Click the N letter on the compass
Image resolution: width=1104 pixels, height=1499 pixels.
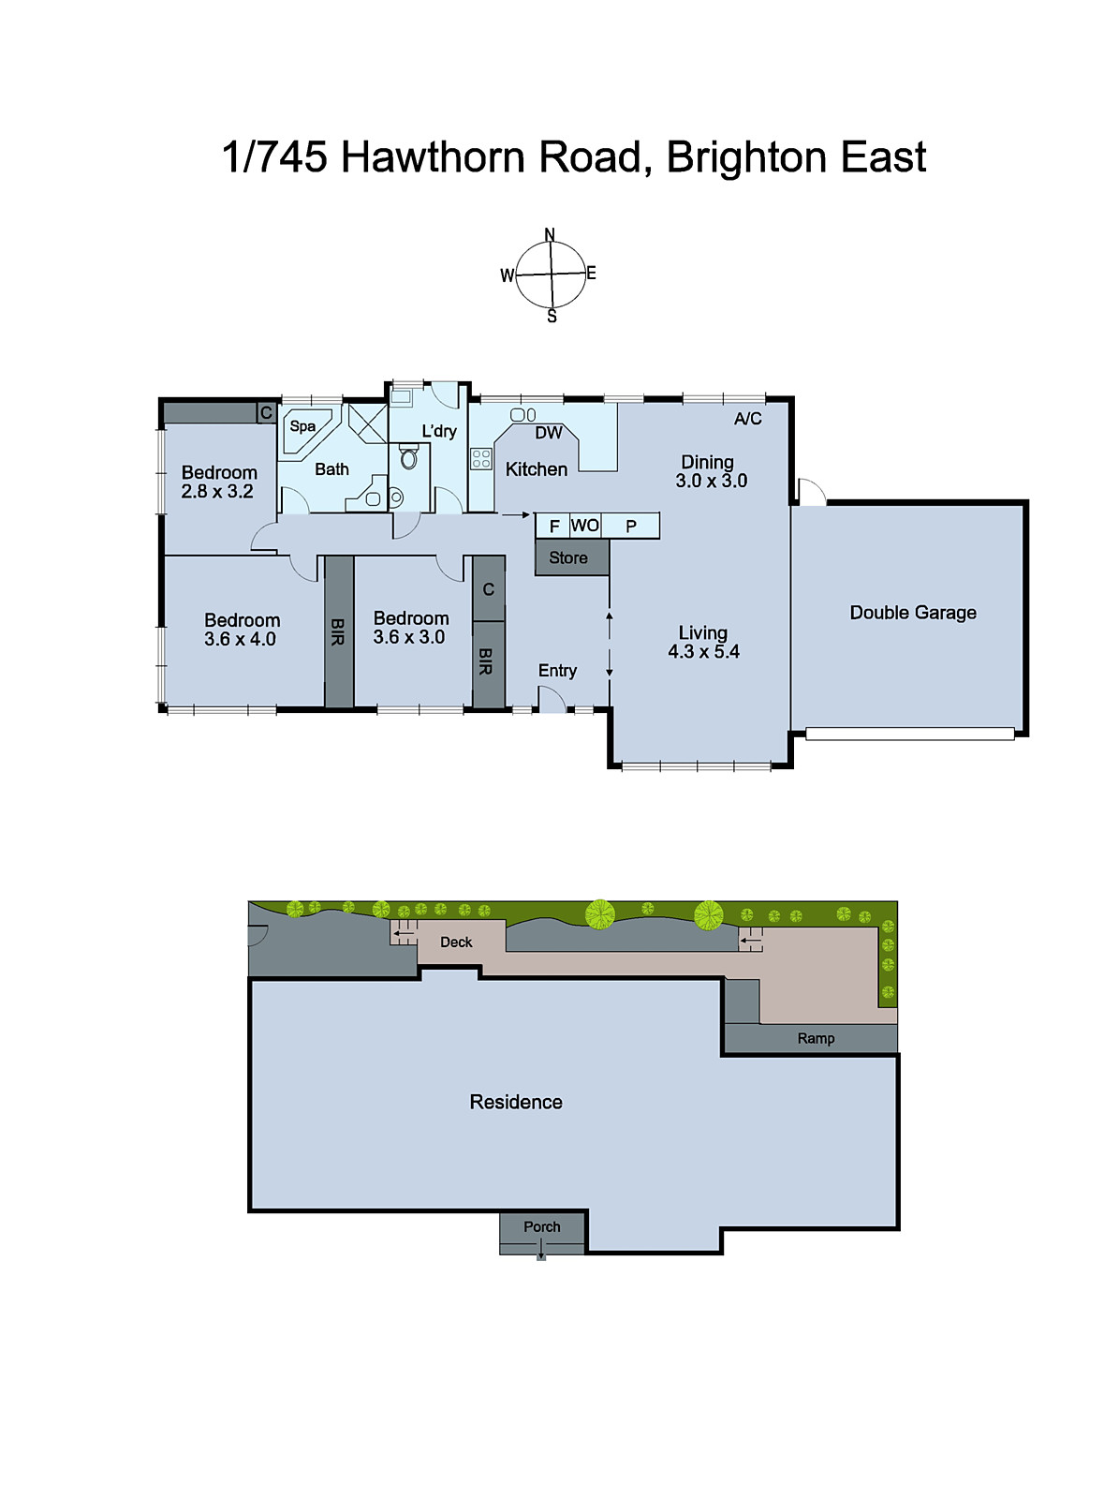click(550, 235)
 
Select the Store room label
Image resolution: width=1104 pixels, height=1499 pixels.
click(568, 557)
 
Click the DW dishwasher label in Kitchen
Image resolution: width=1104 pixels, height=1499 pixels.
click(549, 433)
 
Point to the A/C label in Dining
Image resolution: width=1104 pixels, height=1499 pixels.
click(747, 419)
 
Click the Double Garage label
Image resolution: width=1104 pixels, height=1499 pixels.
click(913, 613)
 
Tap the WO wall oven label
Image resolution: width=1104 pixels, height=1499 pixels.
click(585, 526)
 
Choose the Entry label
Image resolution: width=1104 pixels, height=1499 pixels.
click(557, 671)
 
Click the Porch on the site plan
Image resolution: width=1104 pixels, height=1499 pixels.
click(542, 1227)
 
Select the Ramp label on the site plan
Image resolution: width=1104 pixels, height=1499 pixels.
click(816, 1038)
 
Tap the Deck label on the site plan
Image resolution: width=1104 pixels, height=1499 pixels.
click(456, 942)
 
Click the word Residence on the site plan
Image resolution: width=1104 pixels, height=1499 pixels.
click(516, 1103)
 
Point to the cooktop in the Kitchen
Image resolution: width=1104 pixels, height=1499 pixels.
click(481, 458)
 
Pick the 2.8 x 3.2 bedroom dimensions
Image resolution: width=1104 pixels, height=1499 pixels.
click(217, 491)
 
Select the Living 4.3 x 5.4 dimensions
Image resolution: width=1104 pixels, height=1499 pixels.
click(703, 652)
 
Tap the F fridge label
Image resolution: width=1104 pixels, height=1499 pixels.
click(554, 527)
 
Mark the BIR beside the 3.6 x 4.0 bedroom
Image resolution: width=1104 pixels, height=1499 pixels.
click(338, 631)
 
